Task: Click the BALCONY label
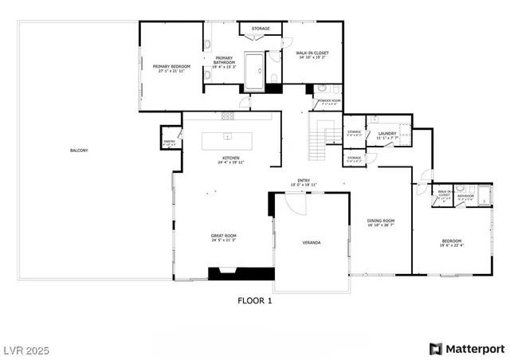tap(79, 151)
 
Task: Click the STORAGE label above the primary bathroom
tap(261, 29)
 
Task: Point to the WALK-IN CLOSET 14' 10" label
tap(313, 53)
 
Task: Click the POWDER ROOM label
tap(329, 100)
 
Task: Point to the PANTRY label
tap(169, 142)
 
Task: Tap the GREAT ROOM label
tap(224, 235)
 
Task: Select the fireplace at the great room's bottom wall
tap(230, 273)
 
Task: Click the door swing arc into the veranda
tap(295, 202)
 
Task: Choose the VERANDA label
tap(311, 241)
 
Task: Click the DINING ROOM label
tap(381, 221)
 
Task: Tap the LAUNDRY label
tap(387, 134)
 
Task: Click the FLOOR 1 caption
tap(255, 301)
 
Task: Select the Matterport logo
tap(467, 349)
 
